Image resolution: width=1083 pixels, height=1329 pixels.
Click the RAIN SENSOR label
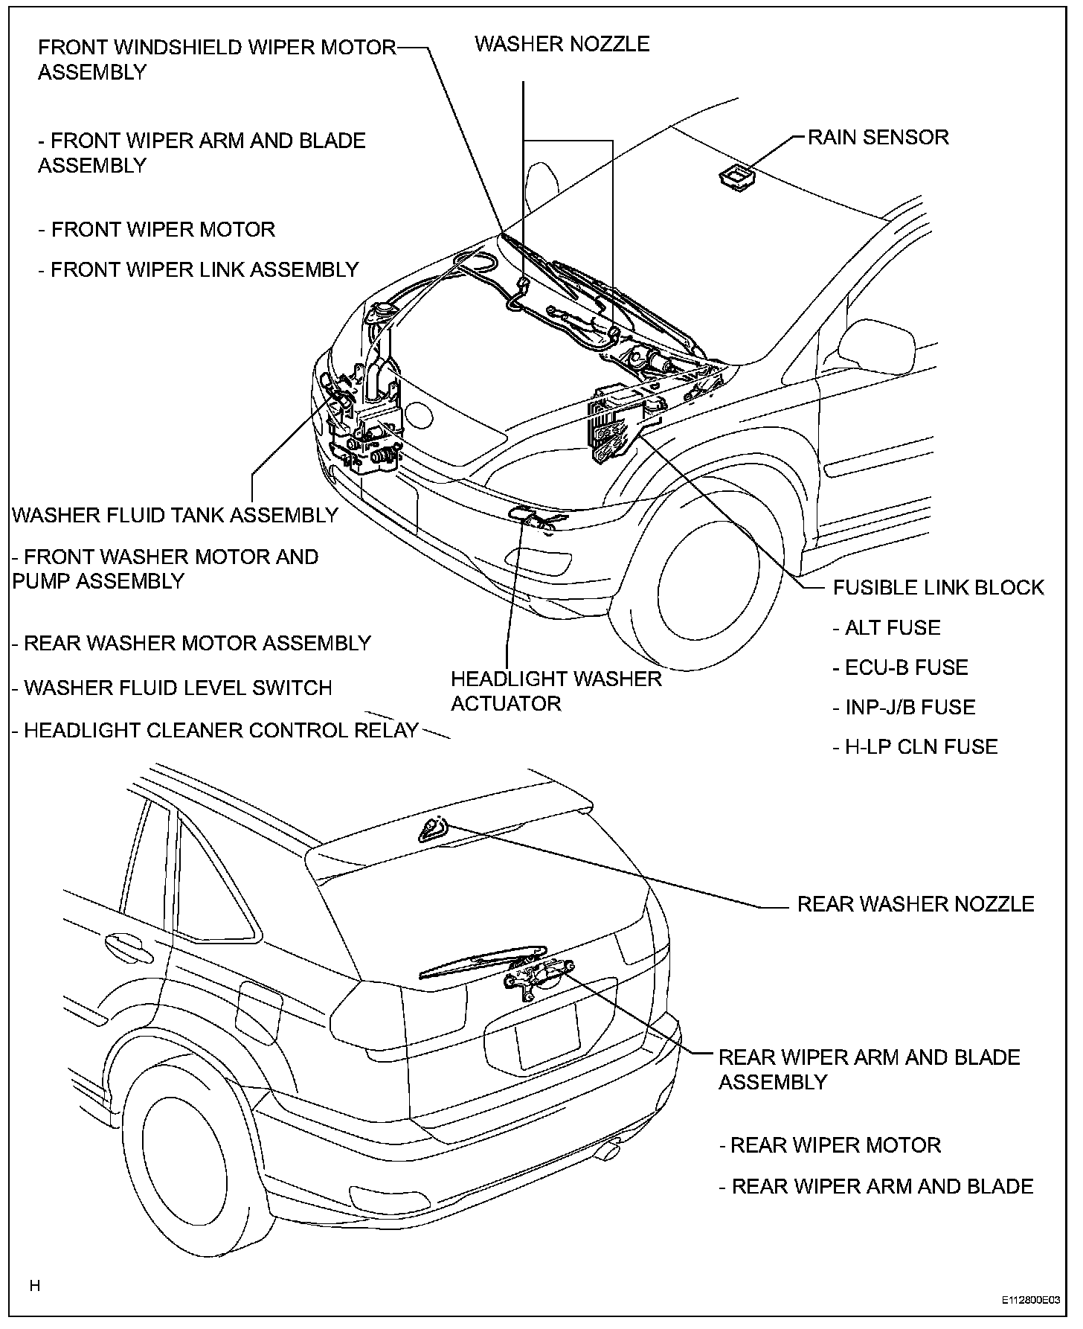tap(878, 138)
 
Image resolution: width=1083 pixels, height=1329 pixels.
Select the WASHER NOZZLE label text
tap(562, 44)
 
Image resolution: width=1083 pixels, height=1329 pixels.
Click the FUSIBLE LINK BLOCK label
tap(938, 588)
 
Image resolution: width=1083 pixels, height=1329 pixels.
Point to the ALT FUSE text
tap(886, 628)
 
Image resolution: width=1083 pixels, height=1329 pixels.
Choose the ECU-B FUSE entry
tap(900, 667)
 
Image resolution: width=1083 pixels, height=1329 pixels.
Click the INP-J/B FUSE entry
tap(903, 707)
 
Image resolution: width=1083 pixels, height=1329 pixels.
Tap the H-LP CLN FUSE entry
tap(914, 746)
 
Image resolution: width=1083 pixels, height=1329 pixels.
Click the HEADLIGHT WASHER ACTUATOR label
tap(556, 691)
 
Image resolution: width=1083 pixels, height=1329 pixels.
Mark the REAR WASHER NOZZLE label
tap(916, 904)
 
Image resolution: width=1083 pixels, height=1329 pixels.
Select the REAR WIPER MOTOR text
tap(830, 1145)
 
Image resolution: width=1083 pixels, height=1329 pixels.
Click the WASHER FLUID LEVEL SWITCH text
tap(172, 688)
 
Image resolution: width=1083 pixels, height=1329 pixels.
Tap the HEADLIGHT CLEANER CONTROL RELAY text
tap(215, 731)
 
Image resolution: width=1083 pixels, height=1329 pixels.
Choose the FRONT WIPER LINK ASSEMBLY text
tap(199, 269)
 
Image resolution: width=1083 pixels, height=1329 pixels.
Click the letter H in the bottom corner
tap(34, 1285)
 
